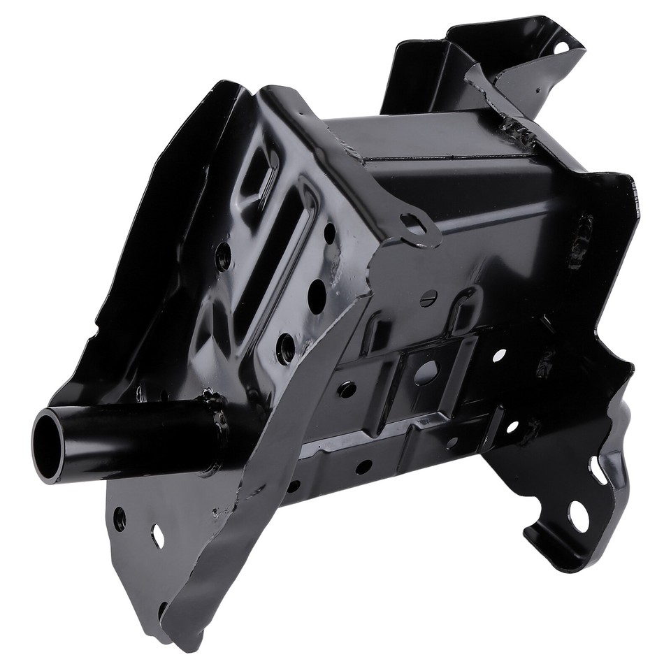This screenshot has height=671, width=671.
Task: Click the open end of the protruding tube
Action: [49, 445]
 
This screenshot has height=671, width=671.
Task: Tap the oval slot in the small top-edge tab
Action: [414, 226]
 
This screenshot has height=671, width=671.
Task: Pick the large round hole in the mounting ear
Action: [577, 516]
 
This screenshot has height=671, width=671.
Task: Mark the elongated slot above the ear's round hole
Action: [598, 470]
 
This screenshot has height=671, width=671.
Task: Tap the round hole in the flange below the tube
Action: [120, 518]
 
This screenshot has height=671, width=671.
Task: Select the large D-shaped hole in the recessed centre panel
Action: [426, 373]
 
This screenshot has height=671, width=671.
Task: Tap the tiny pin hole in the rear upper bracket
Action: [540, 89]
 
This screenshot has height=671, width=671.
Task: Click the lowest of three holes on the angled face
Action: [285, 347]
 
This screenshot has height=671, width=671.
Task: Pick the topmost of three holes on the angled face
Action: [329, 234]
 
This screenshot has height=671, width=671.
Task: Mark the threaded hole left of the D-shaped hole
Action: [347, 389]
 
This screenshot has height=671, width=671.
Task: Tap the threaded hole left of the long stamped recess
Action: [223, 257]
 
